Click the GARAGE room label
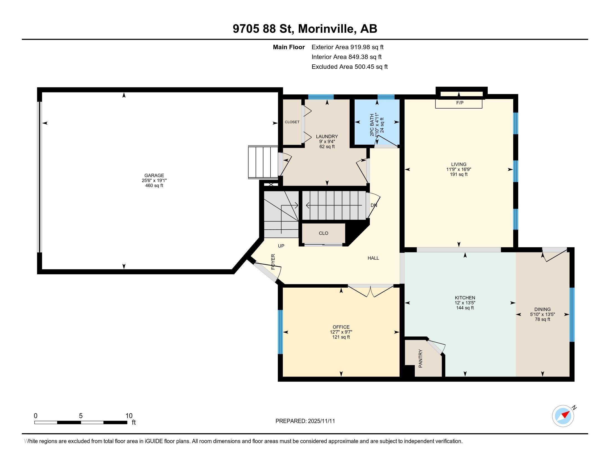click(x=154, y=175)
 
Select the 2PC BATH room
click(x=377, y=123)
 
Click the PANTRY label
click(x=421, y=358)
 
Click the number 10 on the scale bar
click(x=129, y=416)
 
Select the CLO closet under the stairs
click(x=323, y=233)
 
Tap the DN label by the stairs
click(x=374, y=205)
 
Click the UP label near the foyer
click(x=281, y=246)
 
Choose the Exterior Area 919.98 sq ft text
click(x=347, y=47)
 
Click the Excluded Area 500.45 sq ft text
click(x=349, y=67)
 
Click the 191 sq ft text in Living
click(x=459, y=174)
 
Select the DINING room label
click(x=542, y=309)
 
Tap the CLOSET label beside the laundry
click(x=292, y=122)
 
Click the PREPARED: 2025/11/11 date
click(x=305, y=421)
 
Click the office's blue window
click(x=280, y=332)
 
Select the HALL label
click(x=373, y=258)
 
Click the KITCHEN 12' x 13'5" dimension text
click(x=465, y=303)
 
